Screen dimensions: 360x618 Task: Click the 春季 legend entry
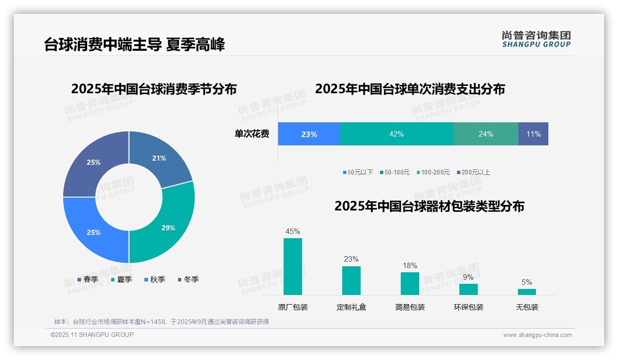coord(88,280)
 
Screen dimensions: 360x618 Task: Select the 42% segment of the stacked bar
coord(396,134)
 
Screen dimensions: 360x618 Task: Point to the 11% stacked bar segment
coord(533,134)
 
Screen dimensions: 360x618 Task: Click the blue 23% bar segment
coord(309,134)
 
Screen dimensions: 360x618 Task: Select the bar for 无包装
coord(527,292)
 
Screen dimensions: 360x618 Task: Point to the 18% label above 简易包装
coord(410,266)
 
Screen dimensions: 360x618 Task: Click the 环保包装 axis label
coord(468,307)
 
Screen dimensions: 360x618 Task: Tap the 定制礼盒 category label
coord(351,307)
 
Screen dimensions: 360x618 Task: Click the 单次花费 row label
coord(252,134)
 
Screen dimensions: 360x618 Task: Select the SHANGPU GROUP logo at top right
coord(536,39)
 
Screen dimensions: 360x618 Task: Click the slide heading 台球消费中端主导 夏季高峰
coord(134,45)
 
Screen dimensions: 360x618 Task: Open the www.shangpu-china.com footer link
coord(537,335)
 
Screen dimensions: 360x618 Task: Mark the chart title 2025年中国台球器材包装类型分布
coord(429,206)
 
